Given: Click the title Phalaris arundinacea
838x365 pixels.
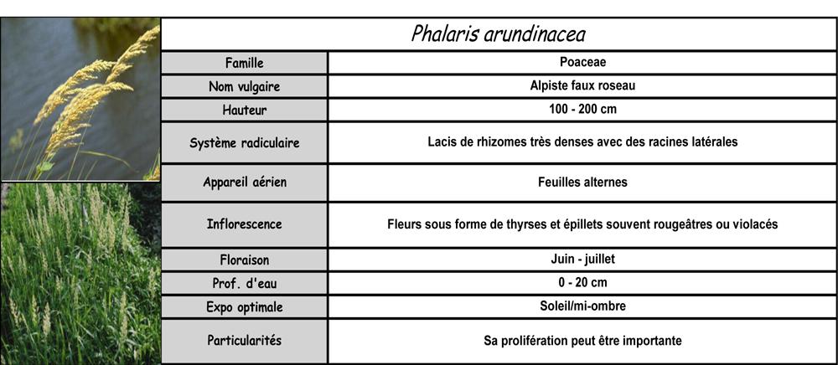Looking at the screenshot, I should (498, 34).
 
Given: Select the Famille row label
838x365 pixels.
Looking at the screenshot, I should (244, 63).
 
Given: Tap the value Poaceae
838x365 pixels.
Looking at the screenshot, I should (582, 62).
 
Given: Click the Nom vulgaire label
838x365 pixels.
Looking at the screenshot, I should (244, 86).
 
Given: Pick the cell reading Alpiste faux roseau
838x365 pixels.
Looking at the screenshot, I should (582, 85).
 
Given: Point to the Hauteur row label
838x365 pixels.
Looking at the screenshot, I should (244, 110).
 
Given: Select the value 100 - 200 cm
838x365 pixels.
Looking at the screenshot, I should (582, 109).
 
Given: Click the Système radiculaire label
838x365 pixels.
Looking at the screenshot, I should (244, 142).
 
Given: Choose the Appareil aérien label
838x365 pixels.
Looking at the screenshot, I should (244, 182).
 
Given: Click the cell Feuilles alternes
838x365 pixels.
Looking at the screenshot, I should (582, 182).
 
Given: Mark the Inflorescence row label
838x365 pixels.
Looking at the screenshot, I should (244, 224).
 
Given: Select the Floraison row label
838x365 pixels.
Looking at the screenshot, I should (244, 260).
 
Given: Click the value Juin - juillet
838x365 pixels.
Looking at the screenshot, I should (582, 259).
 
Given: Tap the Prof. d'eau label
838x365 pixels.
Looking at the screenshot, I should (244, 283).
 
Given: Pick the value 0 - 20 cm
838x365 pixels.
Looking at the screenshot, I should (582, 282).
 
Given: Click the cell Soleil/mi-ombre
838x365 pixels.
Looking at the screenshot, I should (582, 306).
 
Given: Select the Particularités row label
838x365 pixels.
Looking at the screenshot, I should (244, 341).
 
